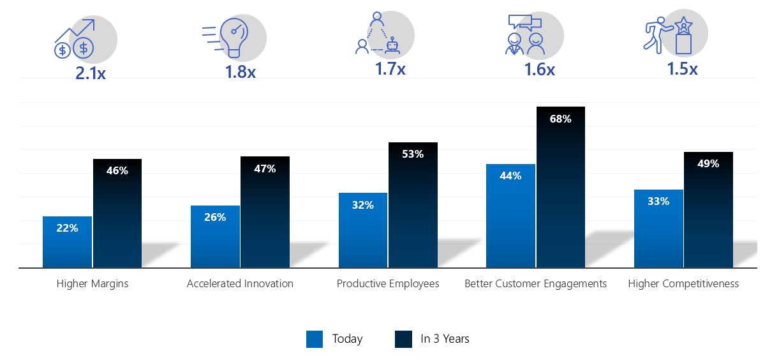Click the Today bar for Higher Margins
tap(67, 242)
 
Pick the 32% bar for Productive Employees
tap(363, 230)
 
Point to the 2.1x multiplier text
tap(91, 73)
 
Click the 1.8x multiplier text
tap(240, 72)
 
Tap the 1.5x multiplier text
tap(682, 69)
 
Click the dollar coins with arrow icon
tap(75, 40)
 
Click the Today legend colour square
tap(315, 339)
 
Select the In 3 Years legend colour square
tap(403, 339)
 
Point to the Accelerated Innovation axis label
tap(240, 283)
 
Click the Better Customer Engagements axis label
tap(535, 283)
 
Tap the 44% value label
tap(510, 176)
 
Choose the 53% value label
tap(412, 154)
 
